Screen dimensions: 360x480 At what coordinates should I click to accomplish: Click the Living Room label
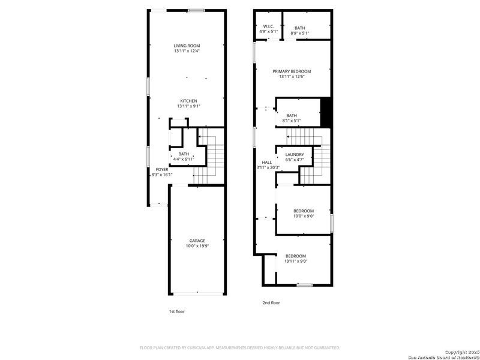187,46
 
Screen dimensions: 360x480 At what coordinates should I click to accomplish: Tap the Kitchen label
188,101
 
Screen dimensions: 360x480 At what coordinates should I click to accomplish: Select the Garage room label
197,241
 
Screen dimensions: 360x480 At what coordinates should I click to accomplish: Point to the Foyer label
162,170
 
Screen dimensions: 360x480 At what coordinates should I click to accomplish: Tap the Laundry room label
294,155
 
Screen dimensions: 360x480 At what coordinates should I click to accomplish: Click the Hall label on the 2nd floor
267,162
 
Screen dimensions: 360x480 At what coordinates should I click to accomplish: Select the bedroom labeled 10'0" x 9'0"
304,213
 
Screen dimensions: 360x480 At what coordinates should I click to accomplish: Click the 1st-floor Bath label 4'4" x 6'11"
184,157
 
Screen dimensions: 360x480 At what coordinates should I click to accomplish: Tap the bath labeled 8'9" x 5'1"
299,30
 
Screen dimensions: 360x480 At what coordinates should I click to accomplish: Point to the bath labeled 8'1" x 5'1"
292,118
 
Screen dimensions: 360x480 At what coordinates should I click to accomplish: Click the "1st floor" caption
177,311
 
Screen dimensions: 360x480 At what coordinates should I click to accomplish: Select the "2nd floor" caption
271,303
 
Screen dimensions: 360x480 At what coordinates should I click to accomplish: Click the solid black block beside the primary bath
326,112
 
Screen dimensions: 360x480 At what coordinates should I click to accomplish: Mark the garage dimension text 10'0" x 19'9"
197,246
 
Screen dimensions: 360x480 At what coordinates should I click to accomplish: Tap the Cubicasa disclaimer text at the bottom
240,347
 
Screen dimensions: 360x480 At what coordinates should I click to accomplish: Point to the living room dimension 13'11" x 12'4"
187,51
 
